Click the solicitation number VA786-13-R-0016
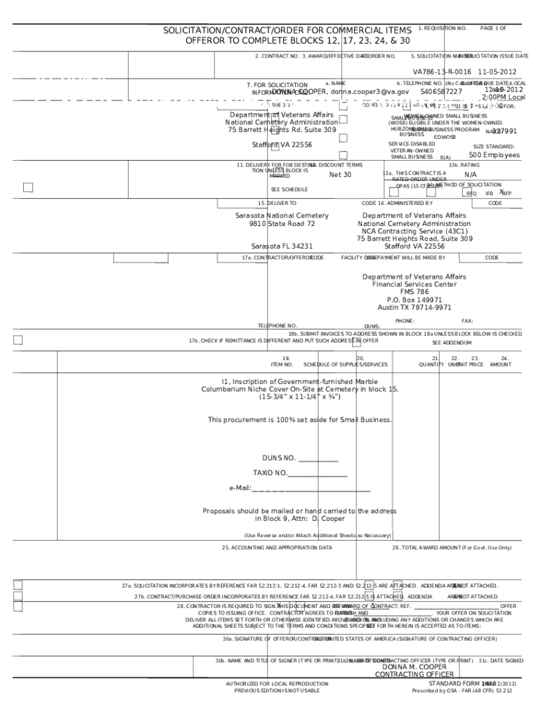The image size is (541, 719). tap(442, 72)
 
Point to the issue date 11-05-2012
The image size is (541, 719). tap(497, 72)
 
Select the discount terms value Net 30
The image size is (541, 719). tap(340, 175)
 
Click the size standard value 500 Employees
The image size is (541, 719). tap(495, 155)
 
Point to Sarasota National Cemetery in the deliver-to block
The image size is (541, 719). tap(282, 216)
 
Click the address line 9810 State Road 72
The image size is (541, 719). tap(282, 224)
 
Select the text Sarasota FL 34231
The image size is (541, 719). tap(282, 246)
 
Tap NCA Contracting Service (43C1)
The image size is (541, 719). tap(414, 231)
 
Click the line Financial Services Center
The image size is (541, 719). tap(414, 284)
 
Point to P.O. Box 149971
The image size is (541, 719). tap(414, 300)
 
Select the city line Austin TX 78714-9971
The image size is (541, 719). tap(414, 308)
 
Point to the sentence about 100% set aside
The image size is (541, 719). tap(299, 420)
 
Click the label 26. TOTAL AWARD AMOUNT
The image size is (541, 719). tap(452, 547)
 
